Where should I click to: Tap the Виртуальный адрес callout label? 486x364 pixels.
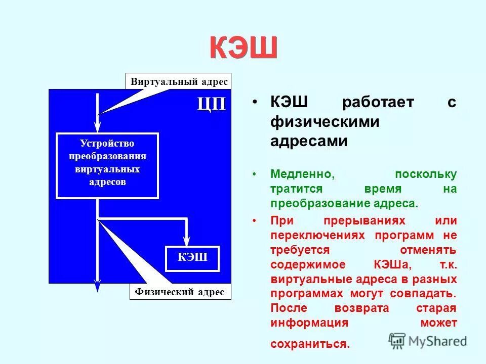[x=179, y=81]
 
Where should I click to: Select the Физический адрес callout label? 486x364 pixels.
[x=180, y=292]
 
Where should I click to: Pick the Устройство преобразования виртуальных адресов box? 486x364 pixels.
[x=107, y=165]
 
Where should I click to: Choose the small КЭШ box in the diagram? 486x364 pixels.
[x=192, y=257]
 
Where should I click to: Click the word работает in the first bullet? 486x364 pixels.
[x=378, y=103]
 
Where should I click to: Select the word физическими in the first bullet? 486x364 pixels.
[x=325, y=122]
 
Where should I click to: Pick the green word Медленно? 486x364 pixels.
[x=302, y=174]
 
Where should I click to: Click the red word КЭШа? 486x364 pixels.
[x=388, y=264]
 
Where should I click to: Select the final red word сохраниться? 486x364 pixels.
[x=309, y=344]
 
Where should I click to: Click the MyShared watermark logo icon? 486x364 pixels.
[x=397, y=340]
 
